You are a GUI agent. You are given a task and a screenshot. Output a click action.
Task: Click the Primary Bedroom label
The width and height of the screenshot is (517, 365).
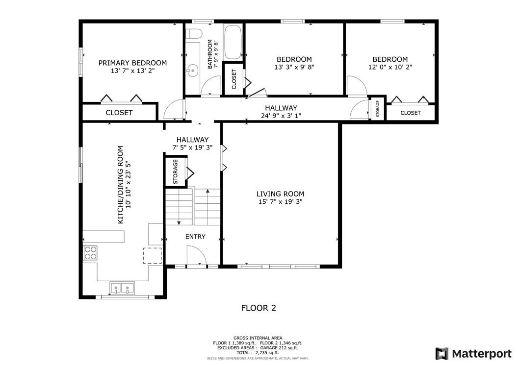[132, 63]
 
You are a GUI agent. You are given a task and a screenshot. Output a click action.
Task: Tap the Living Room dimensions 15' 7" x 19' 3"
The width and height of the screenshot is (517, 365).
[280, 202]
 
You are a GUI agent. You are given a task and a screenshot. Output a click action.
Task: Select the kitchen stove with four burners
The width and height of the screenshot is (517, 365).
[90, 252]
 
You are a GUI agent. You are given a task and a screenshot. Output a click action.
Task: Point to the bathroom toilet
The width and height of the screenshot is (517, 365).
[195, 34]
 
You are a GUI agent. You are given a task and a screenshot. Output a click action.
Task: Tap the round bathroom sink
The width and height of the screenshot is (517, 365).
[191, 71]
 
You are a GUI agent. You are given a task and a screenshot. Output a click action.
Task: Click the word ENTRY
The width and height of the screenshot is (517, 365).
[195, 237]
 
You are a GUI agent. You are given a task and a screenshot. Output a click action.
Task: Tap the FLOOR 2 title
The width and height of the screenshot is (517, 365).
[258, 308]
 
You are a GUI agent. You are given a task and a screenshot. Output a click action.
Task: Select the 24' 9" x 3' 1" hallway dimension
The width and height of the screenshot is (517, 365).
[281, 116]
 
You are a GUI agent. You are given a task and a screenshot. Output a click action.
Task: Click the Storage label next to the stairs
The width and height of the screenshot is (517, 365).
[176, 172]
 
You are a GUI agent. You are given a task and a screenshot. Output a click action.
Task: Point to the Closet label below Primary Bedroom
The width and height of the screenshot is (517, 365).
[119, 112]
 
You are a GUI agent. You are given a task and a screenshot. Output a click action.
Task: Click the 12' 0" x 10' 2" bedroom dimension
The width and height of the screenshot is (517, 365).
[390, 67]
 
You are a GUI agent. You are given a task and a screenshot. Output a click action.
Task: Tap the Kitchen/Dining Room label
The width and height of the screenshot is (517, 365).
[121, 185]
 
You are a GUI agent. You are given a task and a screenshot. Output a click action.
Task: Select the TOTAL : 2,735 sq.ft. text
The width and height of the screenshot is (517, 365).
[258, 352]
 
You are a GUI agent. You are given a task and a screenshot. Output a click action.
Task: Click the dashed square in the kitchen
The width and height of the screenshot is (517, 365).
[152, 256]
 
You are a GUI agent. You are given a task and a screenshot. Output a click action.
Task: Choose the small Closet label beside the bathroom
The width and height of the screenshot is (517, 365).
[233, 78]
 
